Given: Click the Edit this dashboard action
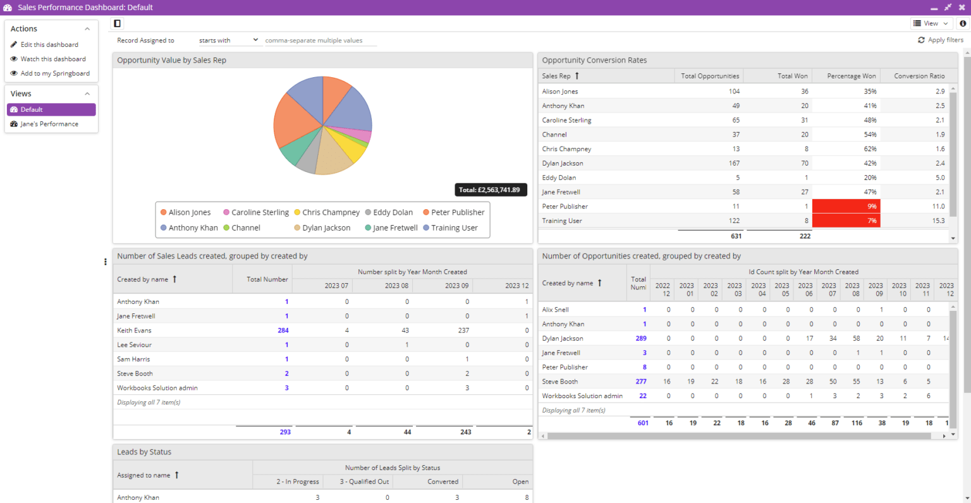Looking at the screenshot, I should (x=49, y=45).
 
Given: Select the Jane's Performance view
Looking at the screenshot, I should (x=49, y=124).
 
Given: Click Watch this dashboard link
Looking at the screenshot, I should (x=53, y=59).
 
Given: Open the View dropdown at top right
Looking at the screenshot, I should (x=931, y=23).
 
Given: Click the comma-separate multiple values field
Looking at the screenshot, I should (x=321, y=40).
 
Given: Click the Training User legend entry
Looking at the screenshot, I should (x=454, y=228).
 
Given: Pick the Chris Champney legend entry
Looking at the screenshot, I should (x=331, y=213).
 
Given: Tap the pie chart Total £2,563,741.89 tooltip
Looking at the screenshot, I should (x=490, y=190).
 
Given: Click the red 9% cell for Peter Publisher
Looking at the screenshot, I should (x=846, y=207).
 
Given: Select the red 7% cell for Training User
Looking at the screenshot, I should (x=846, y=221).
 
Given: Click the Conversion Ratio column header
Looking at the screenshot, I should (x=919, y=76).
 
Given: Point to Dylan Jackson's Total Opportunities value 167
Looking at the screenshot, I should (x=734, y=163).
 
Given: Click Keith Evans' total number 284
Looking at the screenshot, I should (x=283, y=330).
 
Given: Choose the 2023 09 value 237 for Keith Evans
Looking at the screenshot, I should (x=463, y=330).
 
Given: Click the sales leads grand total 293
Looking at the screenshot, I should (x=285, y=432).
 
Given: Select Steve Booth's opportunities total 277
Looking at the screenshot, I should (x=641, y=382).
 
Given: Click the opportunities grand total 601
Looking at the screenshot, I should (x=643, y=423).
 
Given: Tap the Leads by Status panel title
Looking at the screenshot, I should (x=144, y=452).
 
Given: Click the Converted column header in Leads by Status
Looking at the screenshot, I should (x=443, y=482).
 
